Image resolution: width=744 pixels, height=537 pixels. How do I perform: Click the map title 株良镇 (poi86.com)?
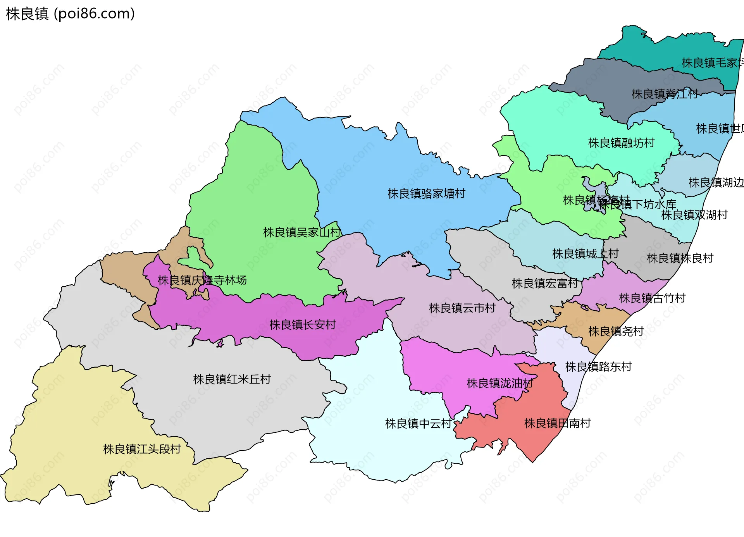click(71, 14)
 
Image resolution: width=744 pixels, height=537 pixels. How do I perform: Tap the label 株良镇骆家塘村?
click(426, 194)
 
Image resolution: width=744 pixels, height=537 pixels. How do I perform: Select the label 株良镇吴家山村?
click(302, 232)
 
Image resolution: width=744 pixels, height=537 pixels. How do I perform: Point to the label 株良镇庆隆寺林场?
click(202, 280)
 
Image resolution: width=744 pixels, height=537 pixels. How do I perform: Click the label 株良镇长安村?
click(303, 325)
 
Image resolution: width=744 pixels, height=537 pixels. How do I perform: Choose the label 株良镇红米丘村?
click(232, 379)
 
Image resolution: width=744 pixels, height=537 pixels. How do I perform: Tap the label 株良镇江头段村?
click(142, 449)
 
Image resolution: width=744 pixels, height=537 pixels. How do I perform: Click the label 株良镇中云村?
click(418, 423)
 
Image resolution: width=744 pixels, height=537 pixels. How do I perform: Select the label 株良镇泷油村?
click(500, 383)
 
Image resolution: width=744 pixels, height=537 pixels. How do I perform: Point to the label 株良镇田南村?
click(557, 423)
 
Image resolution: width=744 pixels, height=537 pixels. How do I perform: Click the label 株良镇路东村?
click(598, 367)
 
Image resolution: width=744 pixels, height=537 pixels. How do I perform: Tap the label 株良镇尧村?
click(616, 331)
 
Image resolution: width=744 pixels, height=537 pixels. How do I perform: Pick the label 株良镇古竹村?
click(652, 298)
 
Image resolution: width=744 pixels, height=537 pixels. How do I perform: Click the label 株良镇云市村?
click(462, 308)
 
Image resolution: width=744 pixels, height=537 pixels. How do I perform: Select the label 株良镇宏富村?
click(545, 283)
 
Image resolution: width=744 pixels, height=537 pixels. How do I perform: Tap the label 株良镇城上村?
click(585, 254)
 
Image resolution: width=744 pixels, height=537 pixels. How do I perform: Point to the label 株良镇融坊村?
click(621, 143)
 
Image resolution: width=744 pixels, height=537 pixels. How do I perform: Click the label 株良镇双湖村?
click(694, 215)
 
